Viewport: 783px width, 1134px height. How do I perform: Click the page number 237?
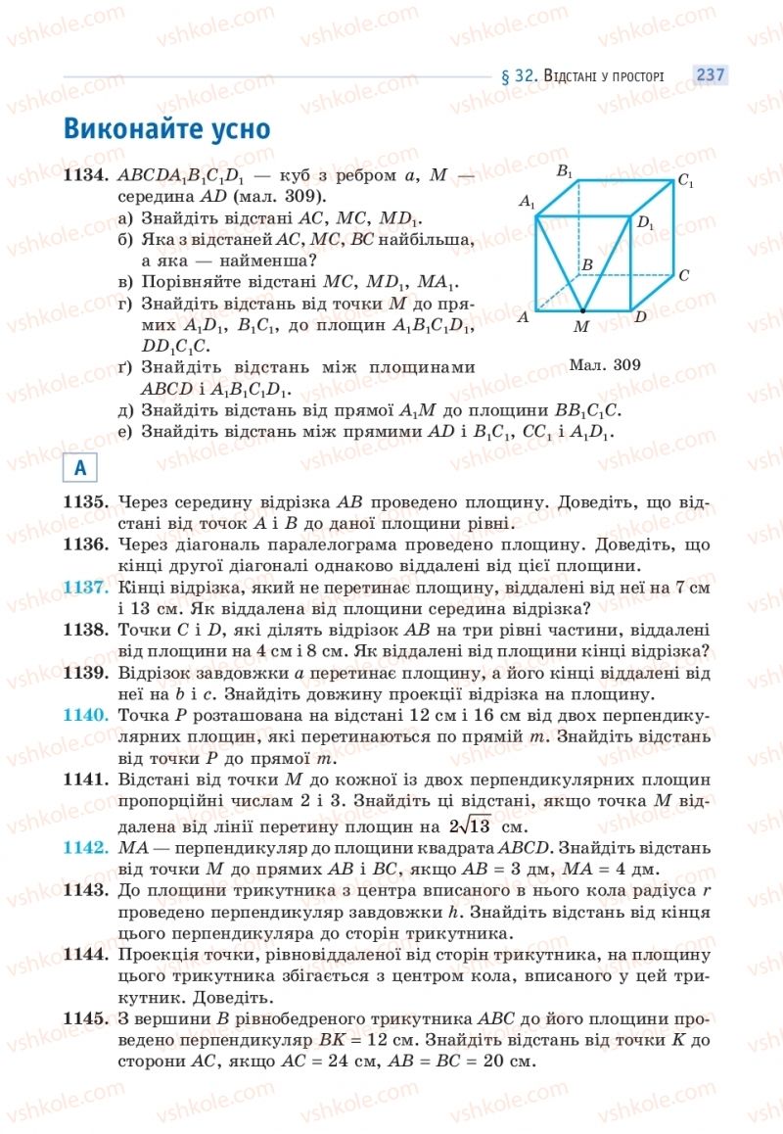pos(710,75)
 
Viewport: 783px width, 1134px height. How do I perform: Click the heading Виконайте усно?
pos(166,129)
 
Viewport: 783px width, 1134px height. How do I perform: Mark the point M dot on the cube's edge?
pos(581,310)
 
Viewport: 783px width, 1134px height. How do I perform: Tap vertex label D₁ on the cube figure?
pos(645,223)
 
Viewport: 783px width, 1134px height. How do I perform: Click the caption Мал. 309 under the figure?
pos(603,365)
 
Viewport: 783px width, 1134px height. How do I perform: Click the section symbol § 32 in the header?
pos(516,76)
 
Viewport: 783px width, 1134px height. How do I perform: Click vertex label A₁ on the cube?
pos(529,203)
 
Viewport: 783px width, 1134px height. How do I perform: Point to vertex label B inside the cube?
pos(587,265)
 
